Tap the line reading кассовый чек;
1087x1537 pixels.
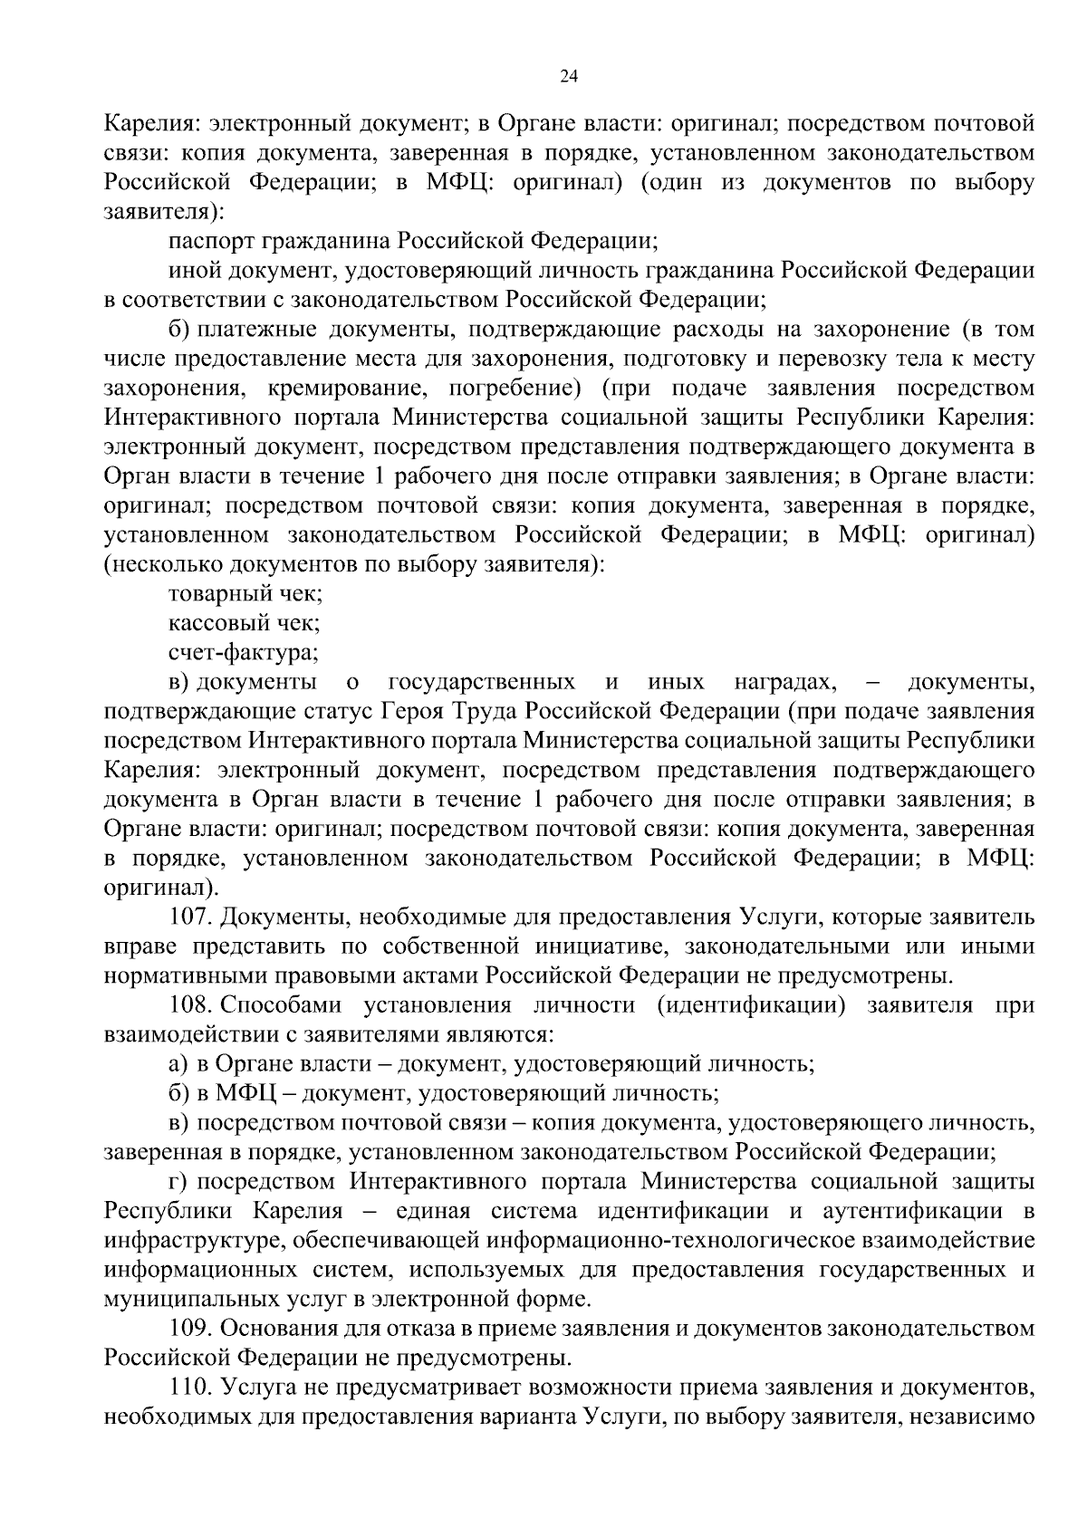244,622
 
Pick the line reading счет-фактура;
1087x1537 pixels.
244,651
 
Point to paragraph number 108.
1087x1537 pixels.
191,1004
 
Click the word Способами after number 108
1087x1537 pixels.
279,1004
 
